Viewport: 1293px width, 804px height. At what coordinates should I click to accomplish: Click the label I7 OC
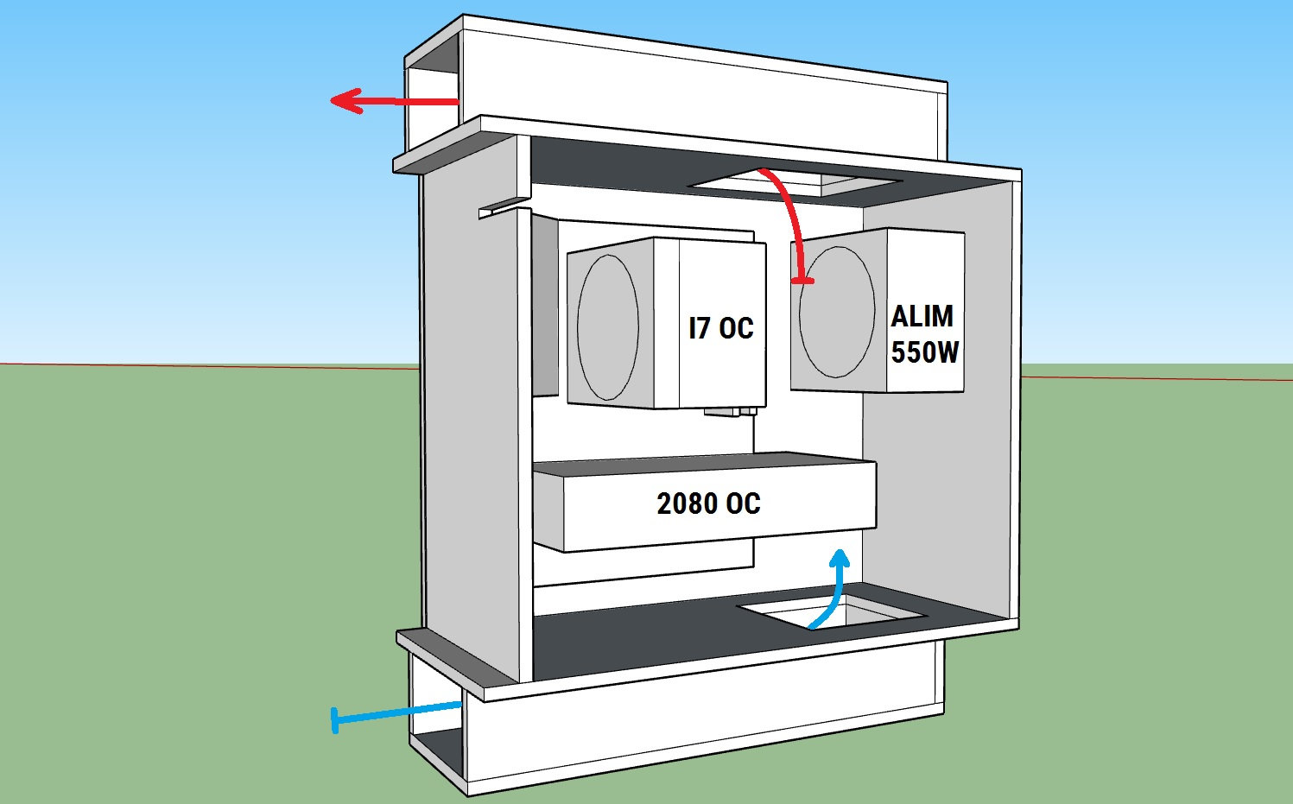720,328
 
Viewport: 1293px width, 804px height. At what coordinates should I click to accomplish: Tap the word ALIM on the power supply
922,316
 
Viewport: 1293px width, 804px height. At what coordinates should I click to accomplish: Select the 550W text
924,352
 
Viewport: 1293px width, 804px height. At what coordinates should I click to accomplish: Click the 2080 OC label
708,503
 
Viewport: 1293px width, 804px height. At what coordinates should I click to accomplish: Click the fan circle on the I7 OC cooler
608,327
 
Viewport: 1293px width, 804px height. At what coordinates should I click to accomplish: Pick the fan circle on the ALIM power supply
836,312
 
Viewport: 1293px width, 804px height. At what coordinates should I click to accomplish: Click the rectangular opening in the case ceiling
795,181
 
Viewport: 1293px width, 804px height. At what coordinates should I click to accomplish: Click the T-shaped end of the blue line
335,720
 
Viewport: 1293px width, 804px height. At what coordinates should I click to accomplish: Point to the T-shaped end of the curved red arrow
803,280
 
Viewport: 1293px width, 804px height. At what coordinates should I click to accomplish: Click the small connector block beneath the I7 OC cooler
731,413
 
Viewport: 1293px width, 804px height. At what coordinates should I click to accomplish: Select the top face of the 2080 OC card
704,465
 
